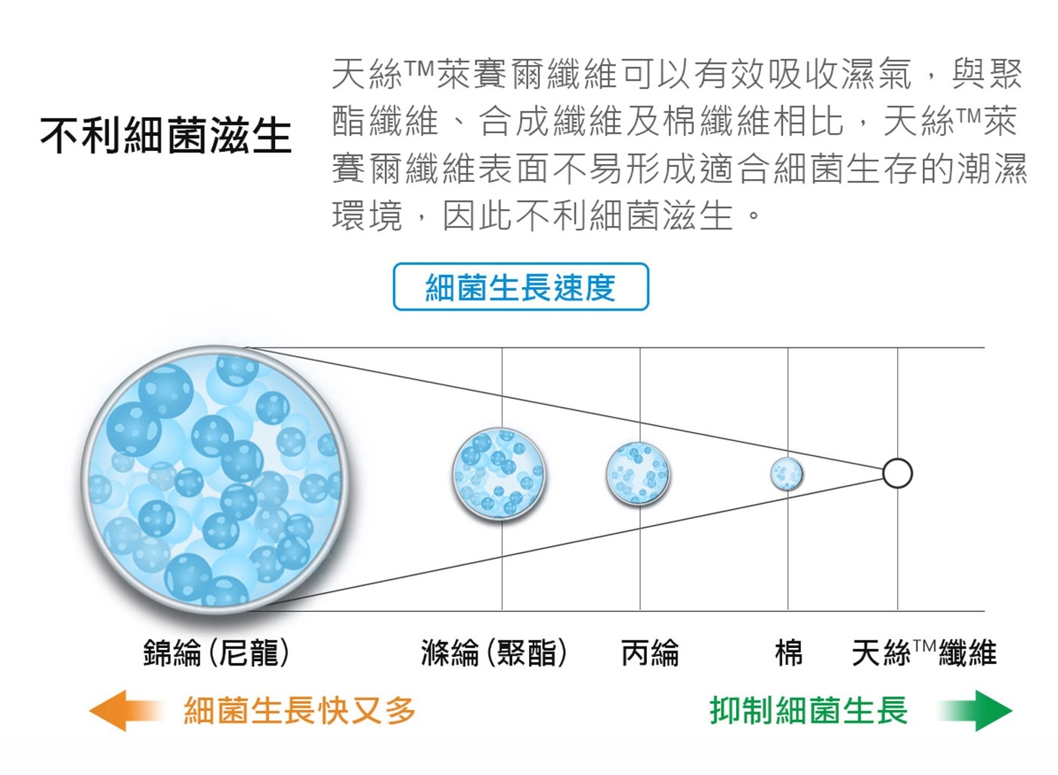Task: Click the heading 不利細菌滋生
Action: [166, 136]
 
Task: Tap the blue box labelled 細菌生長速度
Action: [521, 286]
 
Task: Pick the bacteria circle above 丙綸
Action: [638, 473]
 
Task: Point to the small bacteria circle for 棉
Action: [787, 474]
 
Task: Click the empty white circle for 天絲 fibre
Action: [898, 473]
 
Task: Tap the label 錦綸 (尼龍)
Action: [216, 653]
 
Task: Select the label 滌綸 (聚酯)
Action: [493, 653]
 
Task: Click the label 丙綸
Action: [650, 653]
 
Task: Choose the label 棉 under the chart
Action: [789, 653]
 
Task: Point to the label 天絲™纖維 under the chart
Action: [924, 653]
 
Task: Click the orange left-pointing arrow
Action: [126, 710]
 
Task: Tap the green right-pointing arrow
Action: [976, 710]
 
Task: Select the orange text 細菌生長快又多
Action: [300, 710]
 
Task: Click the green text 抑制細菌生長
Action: [809, 710]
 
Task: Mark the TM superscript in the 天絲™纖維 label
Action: [923, 645]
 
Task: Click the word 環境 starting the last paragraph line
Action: [367, 216]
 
